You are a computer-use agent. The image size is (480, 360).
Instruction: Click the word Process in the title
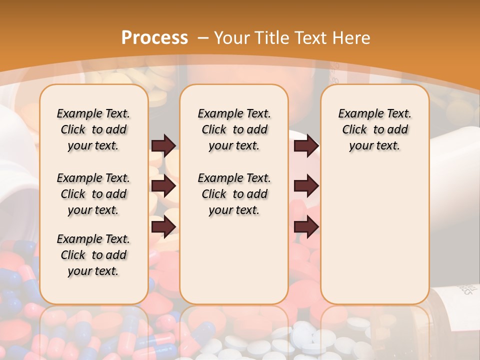[x=154, y=37]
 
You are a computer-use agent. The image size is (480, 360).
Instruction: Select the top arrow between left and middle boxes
[x=163, y=145]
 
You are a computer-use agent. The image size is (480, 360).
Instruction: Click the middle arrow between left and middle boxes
[x=163, y=186]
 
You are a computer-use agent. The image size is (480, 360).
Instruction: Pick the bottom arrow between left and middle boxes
[x=163, y=226]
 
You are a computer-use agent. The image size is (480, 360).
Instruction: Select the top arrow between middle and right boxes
[x=306, y=145]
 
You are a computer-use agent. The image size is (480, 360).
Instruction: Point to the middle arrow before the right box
[x=306, y=186]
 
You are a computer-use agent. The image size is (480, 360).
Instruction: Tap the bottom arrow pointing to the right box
[x=306, y=226]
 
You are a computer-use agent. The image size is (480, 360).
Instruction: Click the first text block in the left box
[x=93, y=129]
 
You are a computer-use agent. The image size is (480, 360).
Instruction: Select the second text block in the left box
[x=93, y=194]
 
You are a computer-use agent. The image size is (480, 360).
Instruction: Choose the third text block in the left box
[x=93, y=255]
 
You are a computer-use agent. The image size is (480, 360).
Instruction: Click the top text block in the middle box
[x=234, y=129]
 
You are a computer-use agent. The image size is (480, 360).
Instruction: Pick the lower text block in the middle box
[x=234, y=194]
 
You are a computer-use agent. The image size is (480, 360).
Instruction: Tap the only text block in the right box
[x=374, y=129]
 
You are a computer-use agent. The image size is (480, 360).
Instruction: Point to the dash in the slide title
[x=203, y=37]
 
